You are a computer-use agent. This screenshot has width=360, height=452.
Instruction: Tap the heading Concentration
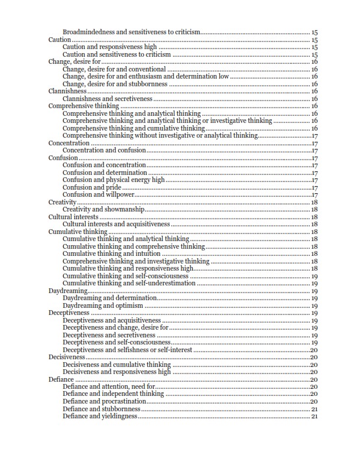point(69,143)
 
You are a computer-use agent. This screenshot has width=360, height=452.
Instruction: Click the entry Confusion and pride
point(92,187)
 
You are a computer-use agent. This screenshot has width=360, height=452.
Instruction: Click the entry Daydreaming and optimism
point(103,305)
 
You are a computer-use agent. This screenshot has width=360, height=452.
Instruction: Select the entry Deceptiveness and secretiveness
point(109,335)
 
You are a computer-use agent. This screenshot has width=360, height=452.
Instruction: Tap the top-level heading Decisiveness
point(67,357)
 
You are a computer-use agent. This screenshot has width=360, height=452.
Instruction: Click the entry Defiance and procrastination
point(104,401)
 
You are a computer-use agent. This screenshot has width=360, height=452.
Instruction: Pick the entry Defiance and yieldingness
point(100,416)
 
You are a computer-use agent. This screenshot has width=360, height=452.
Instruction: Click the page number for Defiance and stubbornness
point(314,409)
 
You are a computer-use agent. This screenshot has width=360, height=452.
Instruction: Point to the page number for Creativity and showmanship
point(314,209)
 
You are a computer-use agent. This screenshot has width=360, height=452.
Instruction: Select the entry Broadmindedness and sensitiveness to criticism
point(132,32)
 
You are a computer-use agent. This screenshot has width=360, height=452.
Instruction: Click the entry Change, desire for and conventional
point(113,69)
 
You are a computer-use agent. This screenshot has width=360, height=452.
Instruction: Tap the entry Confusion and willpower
point(99,194)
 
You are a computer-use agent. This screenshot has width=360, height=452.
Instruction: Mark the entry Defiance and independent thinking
point(113,394)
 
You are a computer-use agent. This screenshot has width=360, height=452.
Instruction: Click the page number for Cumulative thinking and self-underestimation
point(314,283)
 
